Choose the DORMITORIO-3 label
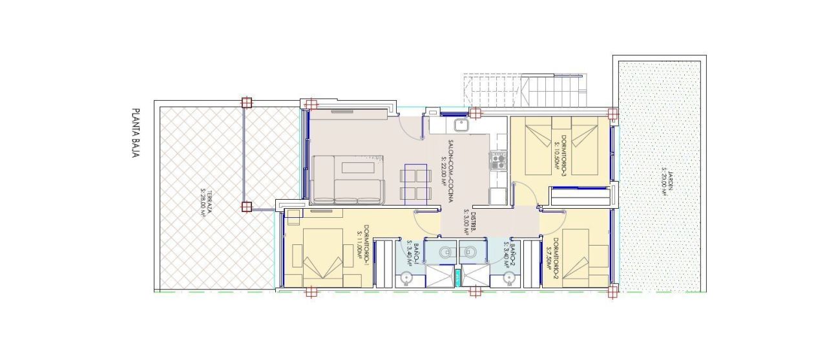click(x=563, y=153)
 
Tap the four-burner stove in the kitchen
click(x=497, y=160)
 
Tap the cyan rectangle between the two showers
click(x=458, y=277)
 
